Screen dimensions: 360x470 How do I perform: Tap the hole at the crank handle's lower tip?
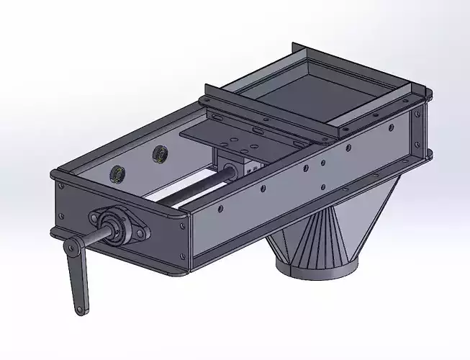pos(78,310)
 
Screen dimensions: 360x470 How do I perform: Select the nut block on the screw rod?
pos(238,164)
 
